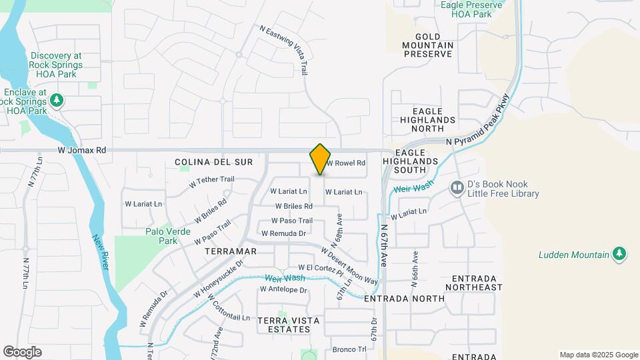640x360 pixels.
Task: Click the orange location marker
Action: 320,159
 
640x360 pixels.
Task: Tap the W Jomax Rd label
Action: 82,151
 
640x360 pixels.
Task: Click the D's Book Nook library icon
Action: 457,188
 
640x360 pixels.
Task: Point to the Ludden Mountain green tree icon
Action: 619,254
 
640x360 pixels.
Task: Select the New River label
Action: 101,252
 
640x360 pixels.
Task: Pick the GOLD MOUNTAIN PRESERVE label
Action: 428,45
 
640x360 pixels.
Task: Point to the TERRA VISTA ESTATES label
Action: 289,325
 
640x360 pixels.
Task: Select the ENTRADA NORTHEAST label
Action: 477,283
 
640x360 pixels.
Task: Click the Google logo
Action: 22,352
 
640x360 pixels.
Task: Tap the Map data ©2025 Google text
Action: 599,355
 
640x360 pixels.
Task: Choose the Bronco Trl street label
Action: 349,349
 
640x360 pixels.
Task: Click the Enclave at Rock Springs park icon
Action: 57,100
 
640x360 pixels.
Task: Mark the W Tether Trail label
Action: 212,179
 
